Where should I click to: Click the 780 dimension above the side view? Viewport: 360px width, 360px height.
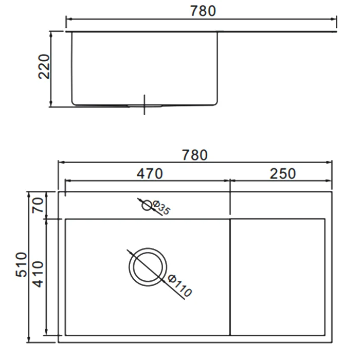pyautogui.click(x=203, y=11)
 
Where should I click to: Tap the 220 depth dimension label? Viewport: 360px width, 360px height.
pyautogui.click(x=44, y=66)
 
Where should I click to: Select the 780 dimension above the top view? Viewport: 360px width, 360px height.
pyautogui.click(x=195, y=155)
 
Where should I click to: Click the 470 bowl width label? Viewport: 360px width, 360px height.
pyautogui.click(x=150, y=174)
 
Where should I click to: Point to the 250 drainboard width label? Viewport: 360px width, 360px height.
pyautogui.click(x=283, y=174)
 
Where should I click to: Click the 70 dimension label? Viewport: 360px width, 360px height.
pyautogui.click(x=38, y=205)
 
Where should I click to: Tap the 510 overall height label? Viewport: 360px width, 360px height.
pyautogui.click(x=22, y=264)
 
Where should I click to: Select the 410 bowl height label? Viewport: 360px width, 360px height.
pyautogui.click(x=38, y=274)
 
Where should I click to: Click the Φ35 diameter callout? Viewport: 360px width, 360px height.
pyautogui.click(x=161, y=208)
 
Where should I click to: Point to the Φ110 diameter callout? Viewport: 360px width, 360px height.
pyautogui.click(x=179, y=285)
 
